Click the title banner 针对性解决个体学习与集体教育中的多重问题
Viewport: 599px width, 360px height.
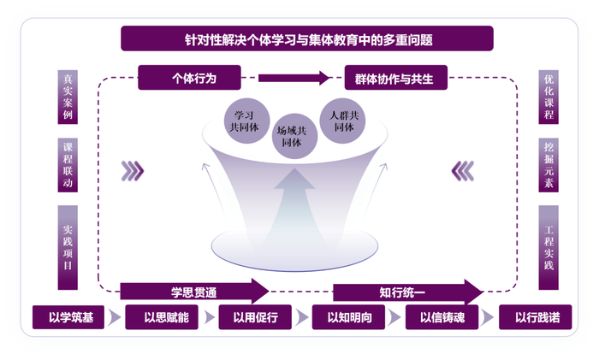tap(306, 38)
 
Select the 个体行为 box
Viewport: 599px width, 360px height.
tap(189, 78)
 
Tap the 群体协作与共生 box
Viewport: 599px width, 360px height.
tap(395, 78)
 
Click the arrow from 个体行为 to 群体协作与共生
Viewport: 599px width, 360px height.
tap(294, 78)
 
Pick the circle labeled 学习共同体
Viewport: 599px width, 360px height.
tap(246, 121)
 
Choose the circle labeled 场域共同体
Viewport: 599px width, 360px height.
tap(294, 136)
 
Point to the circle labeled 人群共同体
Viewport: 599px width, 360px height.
tap(342, 121)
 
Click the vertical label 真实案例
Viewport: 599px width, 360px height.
tap(68, 97)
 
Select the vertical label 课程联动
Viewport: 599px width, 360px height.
tap(68, 165)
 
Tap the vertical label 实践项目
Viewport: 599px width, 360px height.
tap(68, 248)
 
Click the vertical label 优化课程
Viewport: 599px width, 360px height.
tap(549, 97)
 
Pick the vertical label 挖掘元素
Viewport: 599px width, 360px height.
tap(549, 165)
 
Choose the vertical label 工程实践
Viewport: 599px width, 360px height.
tap(549, 248)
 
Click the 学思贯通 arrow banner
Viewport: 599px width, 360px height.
tap(194, 292)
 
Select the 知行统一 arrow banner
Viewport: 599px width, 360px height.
tap(407, 292)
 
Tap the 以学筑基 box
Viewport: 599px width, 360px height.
tap(68, 317)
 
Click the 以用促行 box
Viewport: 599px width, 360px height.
tap(255, 317)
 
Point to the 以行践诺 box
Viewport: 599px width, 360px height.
tap(535, 317)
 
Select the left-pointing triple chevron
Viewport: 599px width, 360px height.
tap(463, 171)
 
